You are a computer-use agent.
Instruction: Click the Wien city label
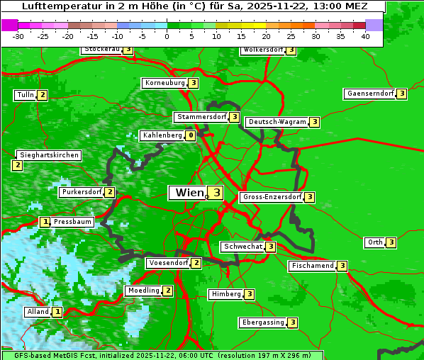188,193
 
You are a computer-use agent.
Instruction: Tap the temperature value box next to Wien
216,193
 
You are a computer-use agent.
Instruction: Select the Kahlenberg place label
162,135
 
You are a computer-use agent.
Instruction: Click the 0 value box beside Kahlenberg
191,135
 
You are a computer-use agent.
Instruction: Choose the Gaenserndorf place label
369,94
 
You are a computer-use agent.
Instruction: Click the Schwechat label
242,247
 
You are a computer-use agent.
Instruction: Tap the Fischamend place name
311,266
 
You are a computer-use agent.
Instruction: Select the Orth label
374,242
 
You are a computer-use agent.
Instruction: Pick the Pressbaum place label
72,222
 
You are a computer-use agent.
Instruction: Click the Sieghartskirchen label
48,155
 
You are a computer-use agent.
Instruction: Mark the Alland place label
38,312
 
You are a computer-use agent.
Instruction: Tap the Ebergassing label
262,322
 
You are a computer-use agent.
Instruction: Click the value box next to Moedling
168,291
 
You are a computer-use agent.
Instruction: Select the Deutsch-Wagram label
277,122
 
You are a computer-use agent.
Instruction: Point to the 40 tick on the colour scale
365,36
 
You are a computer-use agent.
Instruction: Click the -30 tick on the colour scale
18,36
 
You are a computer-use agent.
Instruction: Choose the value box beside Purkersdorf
110,192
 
